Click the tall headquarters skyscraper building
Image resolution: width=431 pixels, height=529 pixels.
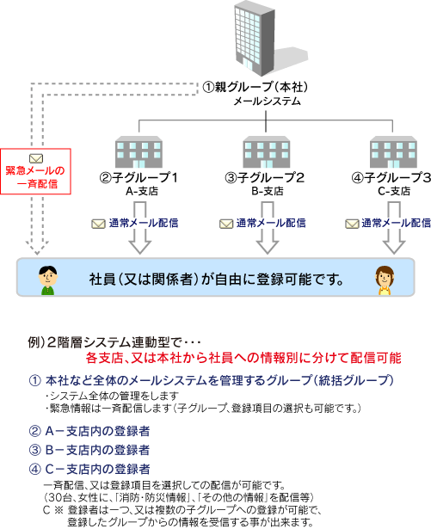[255, 38]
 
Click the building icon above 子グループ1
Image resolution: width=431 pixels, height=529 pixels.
[139, 152]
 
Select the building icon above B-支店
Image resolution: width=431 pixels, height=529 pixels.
[267, 152]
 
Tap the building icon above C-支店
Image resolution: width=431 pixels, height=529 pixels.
[393, 152]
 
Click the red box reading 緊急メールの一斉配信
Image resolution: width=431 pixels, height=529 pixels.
[35, 171]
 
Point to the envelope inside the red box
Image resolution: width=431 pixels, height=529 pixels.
[36, 158]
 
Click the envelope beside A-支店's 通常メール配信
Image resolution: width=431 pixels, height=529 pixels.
[98, 224]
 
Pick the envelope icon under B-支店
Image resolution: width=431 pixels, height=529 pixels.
[226, 224]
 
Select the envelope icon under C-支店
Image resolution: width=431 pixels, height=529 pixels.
[352, 224]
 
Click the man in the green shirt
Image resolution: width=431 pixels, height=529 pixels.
[48, 280]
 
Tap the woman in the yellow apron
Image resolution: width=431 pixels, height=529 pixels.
[385, 280]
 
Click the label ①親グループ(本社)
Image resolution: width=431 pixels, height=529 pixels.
[256, 87]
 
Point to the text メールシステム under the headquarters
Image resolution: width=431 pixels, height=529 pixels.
[267, 101]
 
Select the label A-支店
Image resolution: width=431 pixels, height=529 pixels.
[142, 191]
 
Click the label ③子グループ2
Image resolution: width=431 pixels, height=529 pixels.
[265, 177]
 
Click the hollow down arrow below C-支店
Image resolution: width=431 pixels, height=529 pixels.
[394, 228]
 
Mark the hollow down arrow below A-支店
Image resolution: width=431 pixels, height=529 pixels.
[140, 228]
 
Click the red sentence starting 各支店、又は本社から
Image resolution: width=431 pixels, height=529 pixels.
[243, 358]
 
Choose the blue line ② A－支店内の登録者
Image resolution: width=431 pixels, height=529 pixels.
[89, 431]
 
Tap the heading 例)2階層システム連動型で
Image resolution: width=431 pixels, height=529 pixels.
[114, 342]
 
